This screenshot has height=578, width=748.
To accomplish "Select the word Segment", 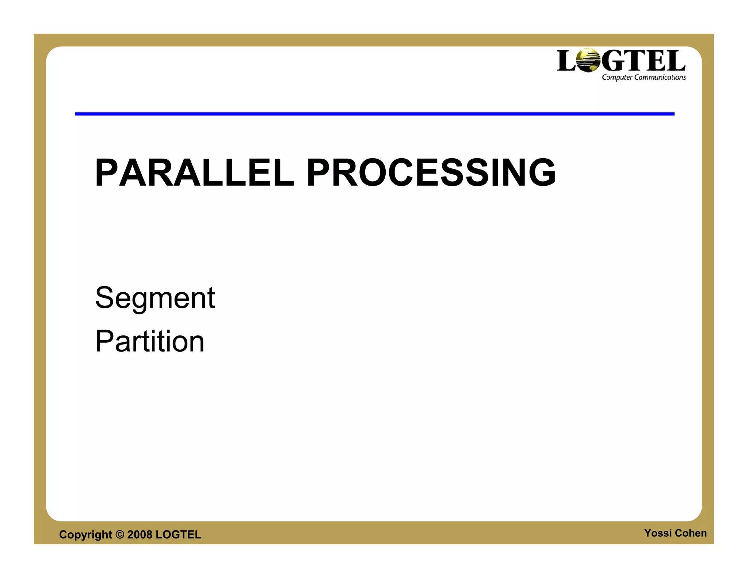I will (x=155, y=298).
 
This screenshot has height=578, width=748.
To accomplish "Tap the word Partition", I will (x=149, y=341).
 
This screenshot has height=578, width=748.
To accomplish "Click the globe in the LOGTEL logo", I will (x=588, y=60).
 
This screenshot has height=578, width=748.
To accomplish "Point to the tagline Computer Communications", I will (x=644, y=77).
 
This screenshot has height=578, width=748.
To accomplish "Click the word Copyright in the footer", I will (x=85, y=535).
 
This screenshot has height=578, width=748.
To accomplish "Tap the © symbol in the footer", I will (x=120, y=535).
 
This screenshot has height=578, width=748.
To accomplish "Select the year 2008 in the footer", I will (x=140, y=535).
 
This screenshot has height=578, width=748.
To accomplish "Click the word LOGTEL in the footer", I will (x=178, y=535).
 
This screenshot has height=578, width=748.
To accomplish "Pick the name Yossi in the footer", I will (x=658, y=533).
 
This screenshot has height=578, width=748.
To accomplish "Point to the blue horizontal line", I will (x=374, y=114).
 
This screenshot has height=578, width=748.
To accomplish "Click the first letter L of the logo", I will (x=566, y=61).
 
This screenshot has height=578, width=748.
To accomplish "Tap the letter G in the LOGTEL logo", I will (x=612, y=61).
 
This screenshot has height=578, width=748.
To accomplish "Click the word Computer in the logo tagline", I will (x=617, y=77).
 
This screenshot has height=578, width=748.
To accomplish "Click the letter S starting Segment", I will (x=105, y=297).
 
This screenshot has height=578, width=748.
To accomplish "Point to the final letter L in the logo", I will (x=676, y=61).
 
